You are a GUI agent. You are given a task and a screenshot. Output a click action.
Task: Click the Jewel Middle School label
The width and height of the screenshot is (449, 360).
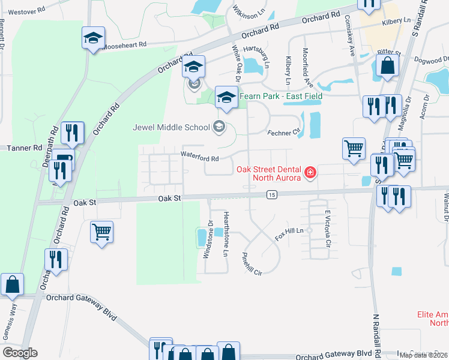171,127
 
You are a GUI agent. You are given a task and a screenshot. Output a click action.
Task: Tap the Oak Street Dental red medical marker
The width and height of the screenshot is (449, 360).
310,173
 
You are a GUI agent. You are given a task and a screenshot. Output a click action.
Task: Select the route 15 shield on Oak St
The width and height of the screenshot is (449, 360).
273,194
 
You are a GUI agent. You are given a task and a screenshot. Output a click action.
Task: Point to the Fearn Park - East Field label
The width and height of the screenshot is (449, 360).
281,96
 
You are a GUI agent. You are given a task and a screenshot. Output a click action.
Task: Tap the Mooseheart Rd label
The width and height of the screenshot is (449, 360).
125,45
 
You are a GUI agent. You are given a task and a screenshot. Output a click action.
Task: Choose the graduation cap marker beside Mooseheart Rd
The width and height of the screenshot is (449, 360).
93,38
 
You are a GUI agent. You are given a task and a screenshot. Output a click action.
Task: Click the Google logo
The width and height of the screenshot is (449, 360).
20,352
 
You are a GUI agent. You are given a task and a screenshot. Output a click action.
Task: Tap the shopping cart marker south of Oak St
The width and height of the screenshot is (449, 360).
102,231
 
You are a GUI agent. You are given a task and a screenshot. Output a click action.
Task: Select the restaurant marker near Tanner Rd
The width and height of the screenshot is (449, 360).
73,133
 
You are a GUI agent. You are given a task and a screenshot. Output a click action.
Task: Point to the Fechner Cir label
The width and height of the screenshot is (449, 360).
283,133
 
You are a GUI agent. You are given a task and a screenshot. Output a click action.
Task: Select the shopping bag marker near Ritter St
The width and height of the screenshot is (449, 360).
388,65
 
